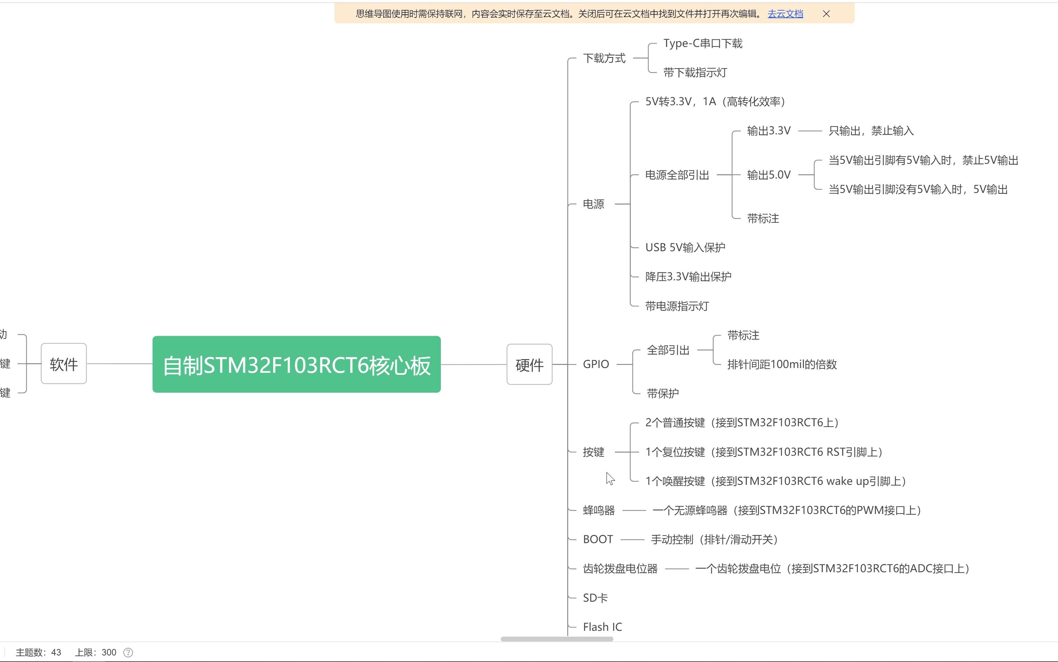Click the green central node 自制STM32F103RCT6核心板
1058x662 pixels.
[296, 364]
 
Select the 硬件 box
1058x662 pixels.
[529, 364]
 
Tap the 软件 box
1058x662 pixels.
[64, 364]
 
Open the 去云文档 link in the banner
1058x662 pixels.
[785, 14]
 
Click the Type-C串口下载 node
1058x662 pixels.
[702, 43]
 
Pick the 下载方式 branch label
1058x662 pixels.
[604, 58]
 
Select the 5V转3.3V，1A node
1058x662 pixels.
[715, 101]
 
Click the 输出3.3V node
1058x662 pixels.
[768, 131]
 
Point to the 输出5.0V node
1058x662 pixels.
[768, 175]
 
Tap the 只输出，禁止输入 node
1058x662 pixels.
[871, 131]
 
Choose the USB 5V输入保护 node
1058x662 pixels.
[685, 248]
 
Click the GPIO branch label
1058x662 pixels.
[596, 364]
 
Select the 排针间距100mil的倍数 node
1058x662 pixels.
[781, 364]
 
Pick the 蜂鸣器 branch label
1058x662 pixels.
[599, 511]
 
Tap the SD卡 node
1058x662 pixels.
[595, 598]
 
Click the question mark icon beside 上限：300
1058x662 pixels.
[128, 652]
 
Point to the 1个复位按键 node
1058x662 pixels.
[763, 452]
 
